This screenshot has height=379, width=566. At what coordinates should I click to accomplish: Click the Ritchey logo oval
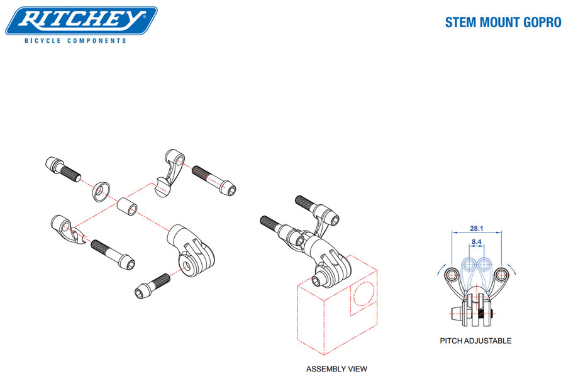(x=81, y=21)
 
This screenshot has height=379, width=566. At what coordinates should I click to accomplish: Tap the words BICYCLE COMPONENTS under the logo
(x=75, y=41)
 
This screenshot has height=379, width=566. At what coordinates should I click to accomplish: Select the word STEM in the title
(x=458, y=23)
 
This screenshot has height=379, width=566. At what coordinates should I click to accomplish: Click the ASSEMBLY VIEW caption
(x=336, y=369)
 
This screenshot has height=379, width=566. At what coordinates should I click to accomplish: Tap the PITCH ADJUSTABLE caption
(x=475, y=341)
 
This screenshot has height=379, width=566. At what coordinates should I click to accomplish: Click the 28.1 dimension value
(x=475, y=229)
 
